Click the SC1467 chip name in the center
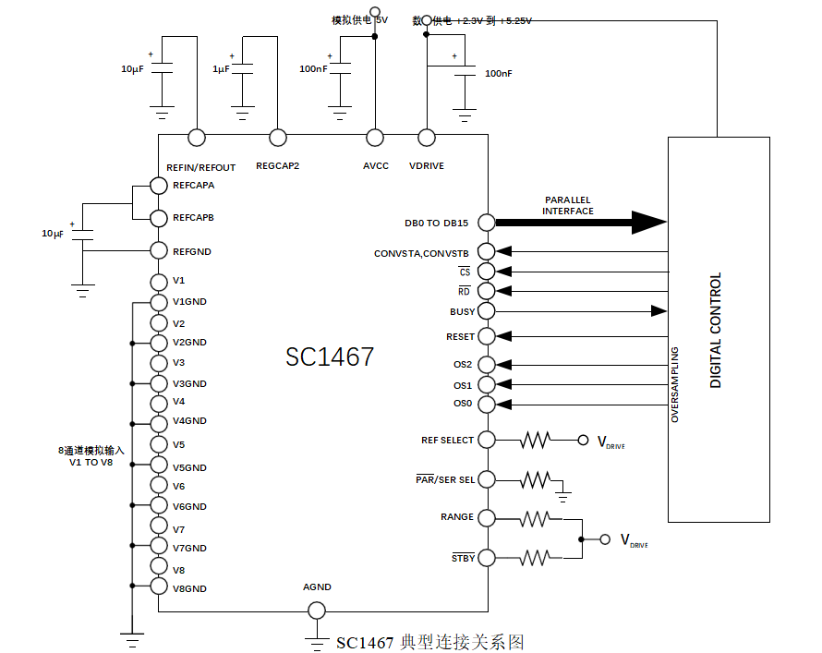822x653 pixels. (x=330, y=357)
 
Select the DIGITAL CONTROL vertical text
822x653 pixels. (x=716, y=331)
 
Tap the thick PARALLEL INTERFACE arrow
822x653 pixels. (x=582, y=222)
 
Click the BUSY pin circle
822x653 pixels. (x=487, y=311)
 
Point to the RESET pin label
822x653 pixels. (x=460, y=337)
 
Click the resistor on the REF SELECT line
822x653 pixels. (x=535, y=441)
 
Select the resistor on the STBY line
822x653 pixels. (x=535, y=558)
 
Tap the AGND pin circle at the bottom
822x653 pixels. (x=316, y=611)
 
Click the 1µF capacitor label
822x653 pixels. (x=222, y=69)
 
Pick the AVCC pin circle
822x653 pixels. (x=375, y=139)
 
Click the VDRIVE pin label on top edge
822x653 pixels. (x=427, y=166)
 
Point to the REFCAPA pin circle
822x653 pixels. (x=158, y=186)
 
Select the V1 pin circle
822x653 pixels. (x=158, y=281)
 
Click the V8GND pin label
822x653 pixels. (x=189, y=588)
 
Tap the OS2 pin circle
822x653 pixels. (x=487, y=365)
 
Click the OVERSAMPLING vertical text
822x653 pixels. (x=675, y=384)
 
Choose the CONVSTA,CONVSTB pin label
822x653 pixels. (x=421, y=253)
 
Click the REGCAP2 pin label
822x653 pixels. (x=277, y=166)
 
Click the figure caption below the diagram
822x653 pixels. (x=430, y=642)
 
